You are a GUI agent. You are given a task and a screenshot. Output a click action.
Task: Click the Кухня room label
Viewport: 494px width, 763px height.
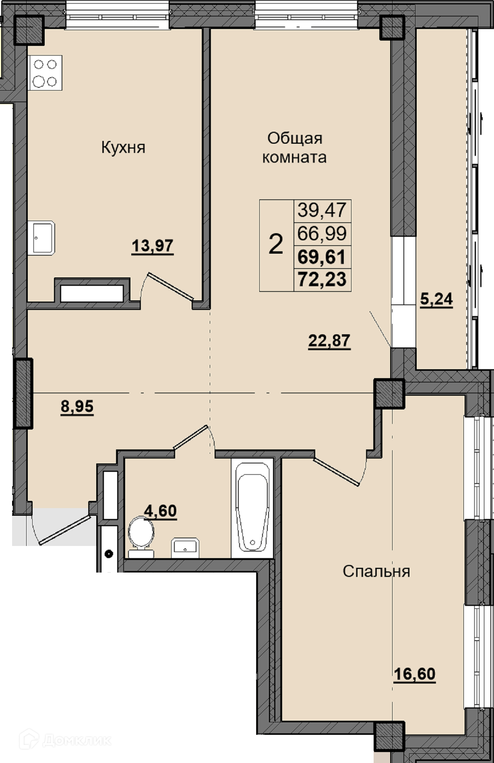(x=123, y=148)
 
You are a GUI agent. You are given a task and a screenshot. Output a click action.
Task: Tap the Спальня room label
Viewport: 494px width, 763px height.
(x=376, y=571)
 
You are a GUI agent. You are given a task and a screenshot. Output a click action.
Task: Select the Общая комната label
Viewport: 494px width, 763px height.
(x=295, y=147)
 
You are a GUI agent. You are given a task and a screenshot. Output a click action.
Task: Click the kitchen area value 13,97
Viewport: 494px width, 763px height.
(x=153, y=246)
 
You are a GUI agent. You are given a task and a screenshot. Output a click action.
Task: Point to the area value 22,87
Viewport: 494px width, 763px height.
(x=329, y=341)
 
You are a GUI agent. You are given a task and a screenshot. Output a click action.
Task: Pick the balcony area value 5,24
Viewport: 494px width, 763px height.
(x=436, y=300)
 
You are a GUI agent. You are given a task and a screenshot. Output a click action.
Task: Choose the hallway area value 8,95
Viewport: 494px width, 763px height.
(x=77, y=407)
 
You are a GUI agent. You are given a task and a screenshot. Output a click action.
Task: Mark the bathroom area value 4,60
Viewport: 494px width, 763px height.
(x=161, y=511)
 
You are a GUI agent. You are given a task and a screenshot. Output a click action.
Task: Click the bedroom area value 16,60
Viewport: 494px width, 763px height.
(x=415, y=674)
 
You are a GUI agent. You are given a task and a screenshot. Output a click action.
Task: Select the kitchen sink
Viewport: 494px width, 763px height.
(x=41, y=238)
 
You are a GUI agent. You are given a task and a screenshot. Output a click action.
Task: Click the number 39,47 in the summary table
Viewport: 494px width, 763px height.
(x=322, y=210)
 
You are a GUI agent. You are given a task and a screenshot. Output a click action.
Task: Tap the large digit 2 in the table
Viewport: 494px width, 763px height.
(x=276, y=244)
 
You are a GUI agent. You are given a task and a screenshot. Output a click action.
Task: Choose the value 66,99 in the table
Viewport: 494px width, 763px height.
(x=322, y=233)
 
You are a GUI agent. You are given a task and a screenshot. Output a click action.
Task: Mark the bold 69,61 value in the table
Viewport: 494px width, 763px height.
(x=322, y=256)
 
